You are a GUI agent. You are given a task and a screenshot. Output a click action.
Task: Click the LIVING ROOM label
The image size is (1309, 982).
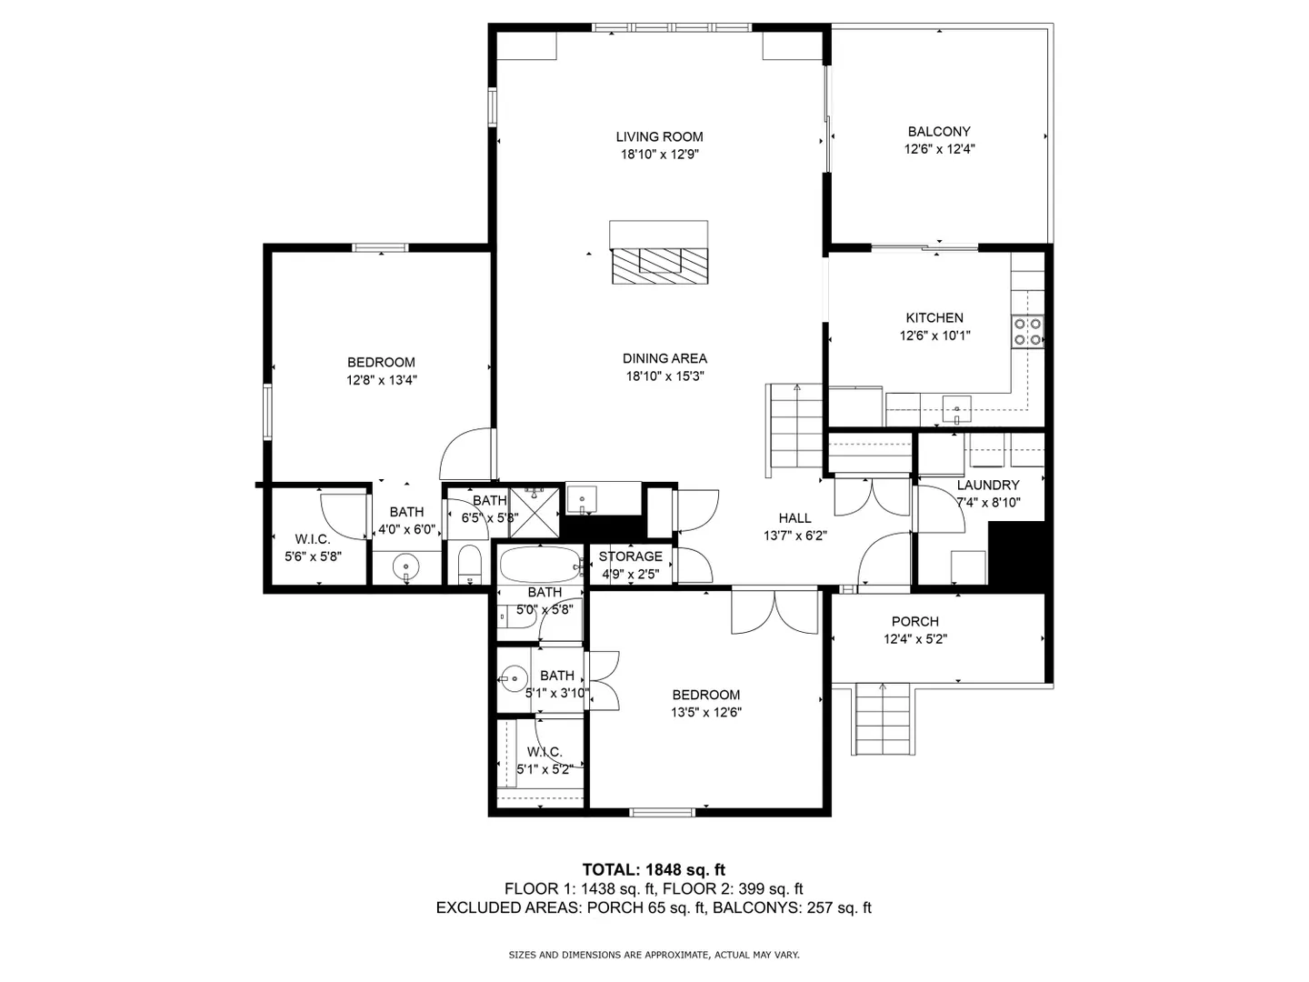(659, 136)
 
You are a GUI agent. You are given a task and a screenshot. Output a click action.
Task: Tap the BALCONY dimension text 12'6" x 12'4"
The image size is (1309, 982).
(939, 149)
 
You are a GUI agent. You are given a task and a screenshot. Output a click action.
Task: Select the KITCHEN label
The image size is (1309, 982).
(934, 318)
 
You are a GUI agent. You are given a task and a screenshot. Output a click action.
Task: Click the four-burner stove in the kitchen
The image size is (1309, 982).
(1028, 332)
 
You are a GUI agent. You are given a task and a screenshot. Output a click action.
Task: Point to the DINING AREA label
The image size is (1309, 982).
(664, 358)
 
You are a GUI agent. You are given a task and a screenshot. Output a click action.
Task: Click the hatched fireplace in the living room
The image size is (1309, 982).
(660, 266)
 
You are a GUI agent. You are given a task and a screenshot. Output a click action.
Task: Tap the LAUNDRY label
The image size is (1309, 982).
(988, 486)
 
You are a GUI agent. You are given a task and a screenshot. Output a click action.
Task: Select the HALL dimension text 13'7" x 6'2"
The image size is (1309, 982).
(794, 536)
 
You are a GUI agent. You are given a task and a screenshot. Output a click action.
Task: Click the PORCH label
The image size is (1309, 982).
(915, 621)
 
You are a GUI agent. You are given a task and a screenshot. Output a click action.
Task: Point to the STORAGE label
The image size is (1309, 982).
(630, 556)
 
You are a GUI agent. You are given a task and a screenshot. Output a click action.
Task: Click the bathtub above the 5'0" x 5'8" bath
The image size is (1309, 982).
(540, 565)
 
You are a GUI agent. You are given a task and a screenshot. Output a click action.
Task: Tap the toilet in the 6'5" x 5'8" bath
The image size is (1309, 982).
(470, 564)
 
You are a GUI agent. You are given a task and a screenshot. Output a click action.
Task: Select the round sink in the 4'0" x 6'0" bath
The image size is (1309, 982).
(406, 565)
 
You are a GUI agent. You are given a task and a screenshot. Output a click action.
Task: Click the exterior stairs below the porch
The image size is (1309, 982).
(882, 719)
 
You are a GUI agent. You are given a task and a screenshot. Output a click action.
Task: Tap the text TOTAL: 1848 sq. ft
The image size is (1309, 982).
(654, 870)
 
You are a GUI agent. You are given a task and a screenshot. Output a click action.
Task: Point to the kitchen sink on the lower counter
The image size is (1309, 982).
(956, 409)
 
